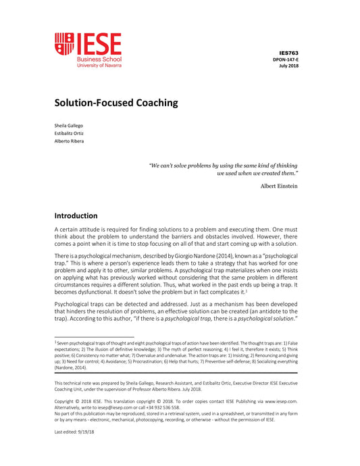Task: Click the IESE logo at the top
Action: coord(88,50)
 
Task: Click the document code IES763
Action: coord(288,52)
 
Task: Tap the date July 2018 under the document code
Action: coord(288,66)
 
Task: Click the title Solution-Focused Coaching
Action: coord(115,103)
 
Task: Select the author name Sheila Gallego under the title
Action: coord(68,126)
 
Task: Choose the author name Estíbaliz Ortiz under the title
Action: coord(69,133)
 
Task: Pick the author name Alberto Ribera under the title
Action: coord(69,140)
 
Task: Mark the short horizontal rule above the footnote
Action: coord(95,337)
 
